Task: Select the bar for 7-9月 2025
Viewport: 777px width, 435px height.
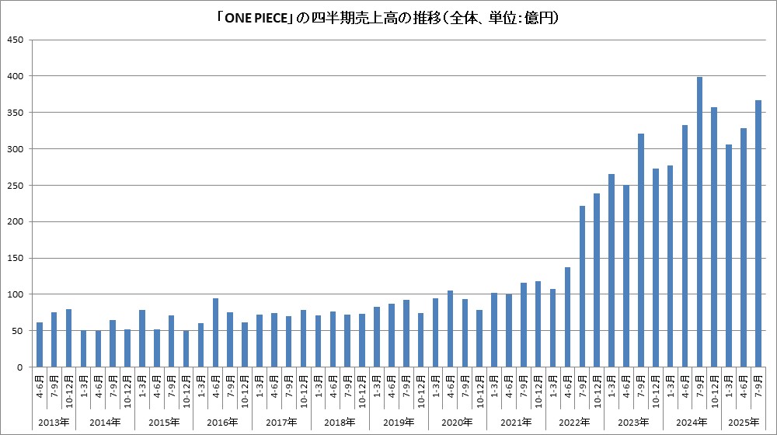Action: tap(758, 234)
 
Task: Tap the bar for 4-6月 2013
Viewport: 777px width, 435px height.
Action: tap(40, 345)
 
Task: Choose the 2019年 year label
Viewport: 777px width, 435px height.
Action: tap(399, 422)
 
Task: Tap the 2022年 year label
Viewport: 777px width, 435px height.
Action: tap(574, 422)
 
